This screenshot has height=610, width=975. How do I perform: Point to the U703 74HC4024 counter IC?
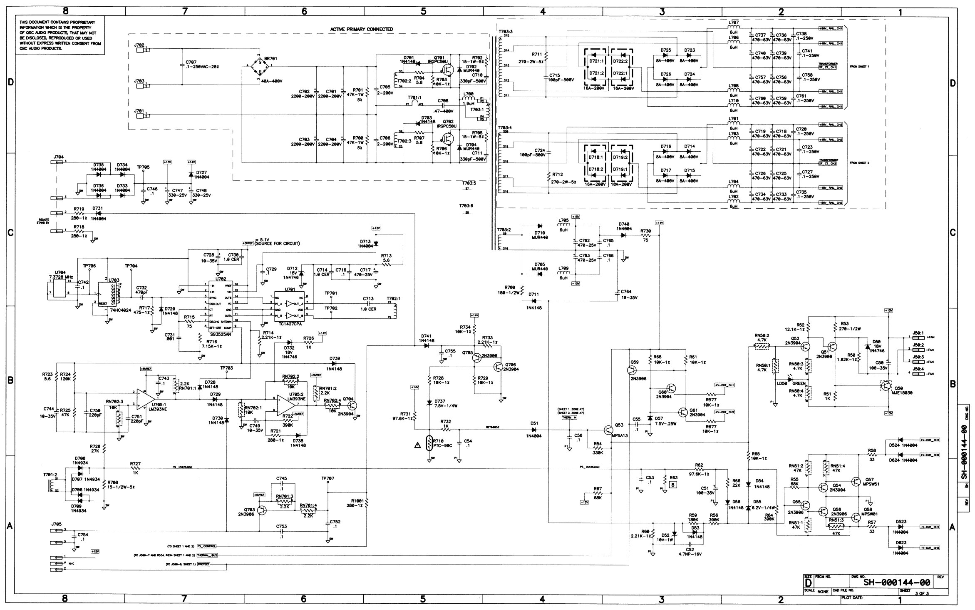point(108,294)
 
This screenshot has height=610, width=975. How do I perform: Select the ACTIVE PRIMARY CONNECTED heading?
point(361,29)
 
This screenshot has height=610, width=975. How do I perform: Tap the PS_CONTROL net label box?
point(206,546)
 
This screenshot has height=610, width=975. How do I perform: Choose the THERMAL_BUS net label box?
point(207,555)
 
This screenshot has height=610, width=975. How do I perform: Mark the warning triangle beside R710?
point(417,445)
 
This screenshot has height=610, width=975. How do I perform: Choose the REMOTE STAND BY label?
point(44,221)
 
